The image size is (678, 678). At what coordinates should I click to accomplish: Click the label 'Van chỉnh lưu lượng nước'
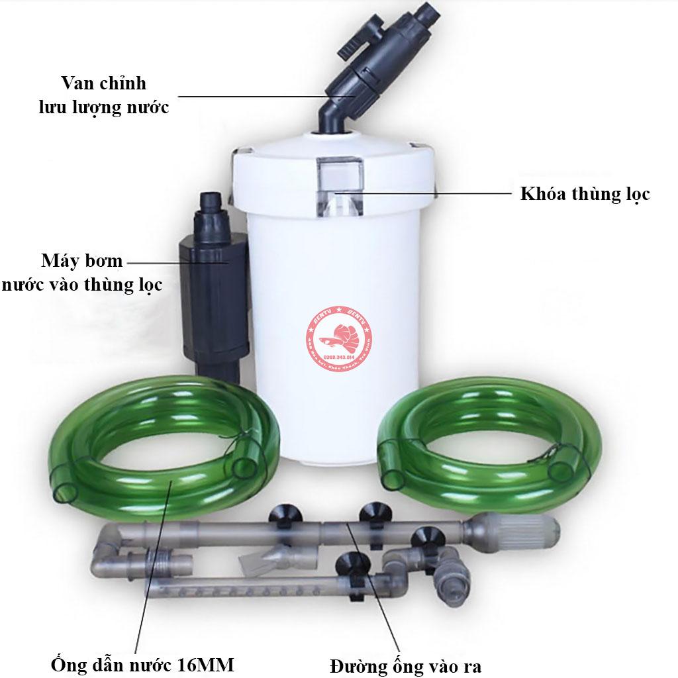point(103,95)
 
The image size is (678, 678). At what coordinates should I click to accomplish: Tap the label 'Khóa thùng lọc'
point(585,194)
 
